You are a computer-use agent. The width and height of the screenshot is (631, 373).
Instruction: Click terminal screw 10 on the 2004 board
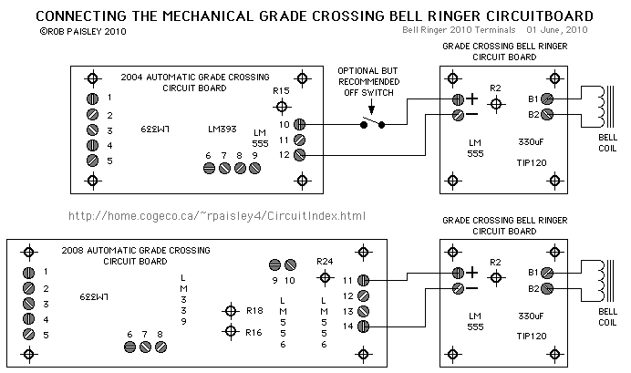300,124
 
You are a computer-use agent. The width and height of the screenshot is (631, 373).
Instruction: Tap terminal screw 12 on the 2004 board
300,156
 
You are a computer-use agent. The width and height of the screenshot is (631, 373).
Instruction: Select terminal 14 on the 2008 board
362,326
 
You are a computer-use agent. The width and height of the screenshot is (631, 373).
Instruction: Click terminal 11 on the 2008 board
362,280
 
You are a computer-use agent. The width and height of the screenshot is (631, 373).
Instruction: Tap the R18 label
253,311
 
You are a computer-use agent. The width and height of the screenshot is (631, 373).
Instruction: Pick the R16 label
253,332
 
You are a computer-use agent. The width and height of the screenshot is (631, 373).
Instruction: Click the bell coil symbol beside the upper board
598,107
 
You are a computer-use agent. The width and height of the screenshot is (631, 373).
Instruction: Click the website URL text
217,216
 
